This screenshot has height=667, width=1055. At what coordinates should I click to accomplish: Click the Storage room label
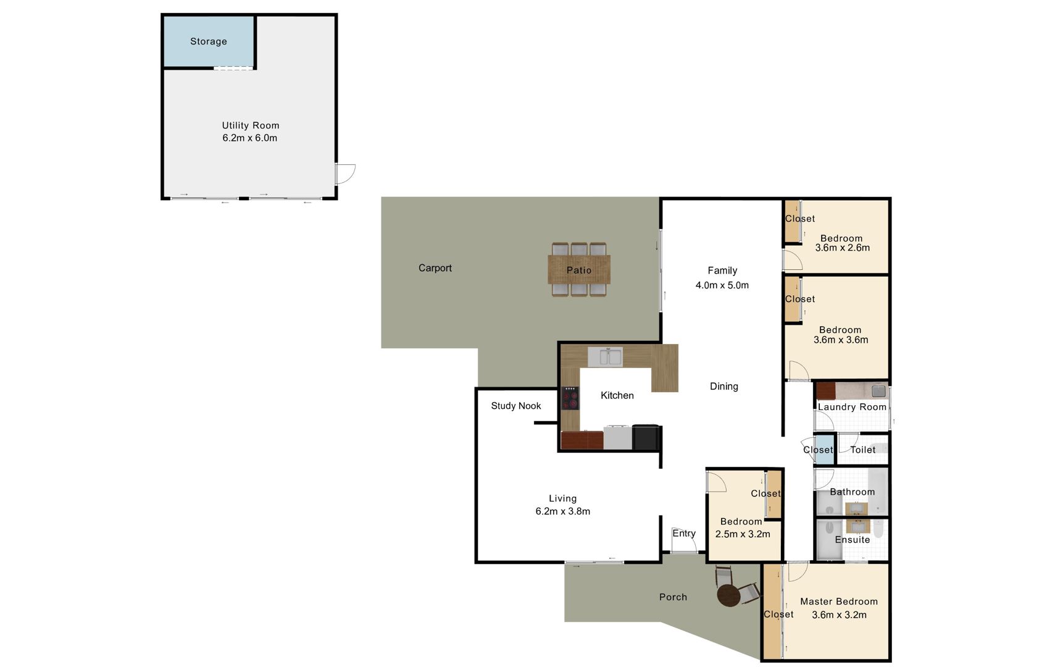point(208,41)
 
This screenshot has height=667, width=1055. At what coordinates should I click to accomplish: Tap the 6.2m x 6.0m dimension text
point(249,138)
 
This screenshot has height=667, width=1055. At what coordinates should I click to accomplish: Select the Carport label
point(435,268)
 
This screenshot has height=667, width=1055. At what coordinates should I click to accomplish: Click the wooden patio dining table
point(579,269)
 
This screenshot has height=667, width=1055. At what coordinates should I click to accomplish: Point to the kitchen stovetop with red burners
point(570,398)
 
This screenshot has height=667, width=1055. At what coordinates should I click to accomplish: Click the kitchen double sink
point(605,357)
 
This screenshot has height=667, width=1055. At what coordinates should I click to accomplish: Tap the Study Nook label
point(515,406)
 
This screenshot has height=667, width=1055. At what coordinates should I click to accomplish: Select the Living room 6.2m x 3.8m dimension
point(562,511)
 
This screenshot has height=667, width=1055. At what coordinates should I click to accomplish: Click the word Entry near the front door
point(684,533)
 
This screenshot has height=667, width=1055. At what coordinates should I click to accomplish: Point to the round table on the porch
point(728,595)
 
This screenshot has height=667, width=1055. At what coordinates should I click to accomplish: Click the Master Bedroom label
point(839,602)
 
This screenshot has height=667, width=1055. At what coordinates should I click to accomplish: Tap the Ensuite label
point(852,540)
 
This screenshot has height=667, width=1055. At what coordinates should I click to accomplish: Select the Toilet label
point(863,450)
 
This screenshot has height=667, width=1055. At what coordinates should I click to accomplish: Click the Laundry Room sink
point(878,391)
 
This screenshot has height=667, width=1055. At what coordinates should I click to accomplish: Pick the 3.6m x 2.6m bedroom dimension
point(842,248)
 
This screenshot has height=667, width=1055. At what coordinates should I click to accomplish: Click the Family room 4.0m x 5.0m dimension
point(722,285)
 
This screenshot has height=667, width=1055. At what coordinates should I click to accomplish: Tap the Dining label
point(724,386)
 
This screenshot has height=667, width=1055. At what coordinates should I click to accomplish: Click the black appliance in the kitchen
point(646,438)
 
